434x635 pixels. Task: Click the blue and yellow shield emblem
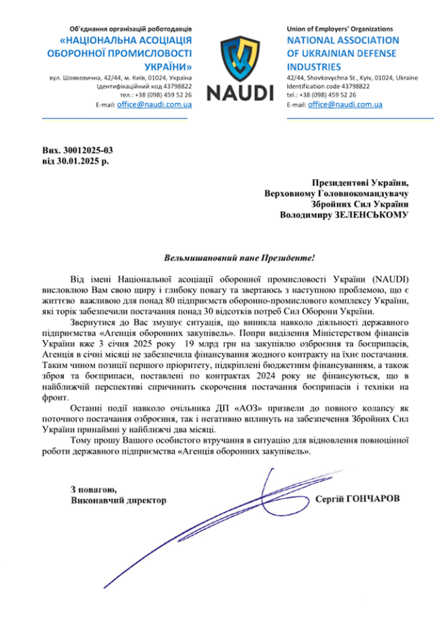[x=239, y=58]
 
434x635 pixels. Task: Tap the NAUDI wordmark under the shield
[x=239, y=92]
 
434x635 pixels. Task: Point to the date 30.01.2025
[x=77, y=159]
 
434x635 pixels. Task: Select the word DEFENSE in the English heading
[x=371, y=53]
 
